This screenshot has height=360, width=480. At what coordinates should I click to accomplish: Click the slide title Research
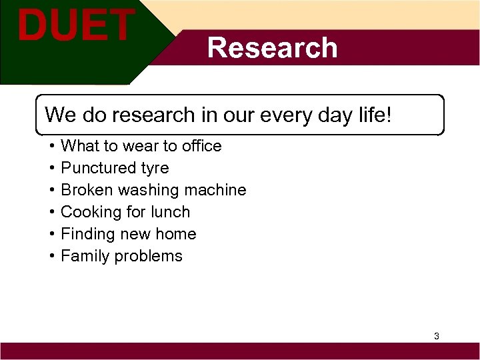(272, 48)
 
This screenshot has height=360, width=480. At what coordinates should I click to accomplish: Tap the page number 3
(436, 336)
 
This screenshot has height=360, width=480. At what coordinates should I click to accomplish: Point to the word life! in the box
(375, 115)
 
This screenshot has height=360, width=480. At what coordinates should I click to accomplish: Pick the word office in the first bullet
(199, 146)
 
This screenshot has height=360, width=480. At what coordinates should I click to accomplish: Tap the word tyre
(155, 168)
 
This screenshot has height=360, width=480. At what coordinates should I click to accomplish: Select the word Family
(85, 256)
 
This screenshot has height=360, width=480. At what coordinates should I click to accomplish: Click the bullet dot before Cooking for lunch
(51, 212)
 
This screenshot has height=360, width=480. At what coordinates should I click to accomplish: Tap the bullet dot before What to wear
(51, 146)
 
